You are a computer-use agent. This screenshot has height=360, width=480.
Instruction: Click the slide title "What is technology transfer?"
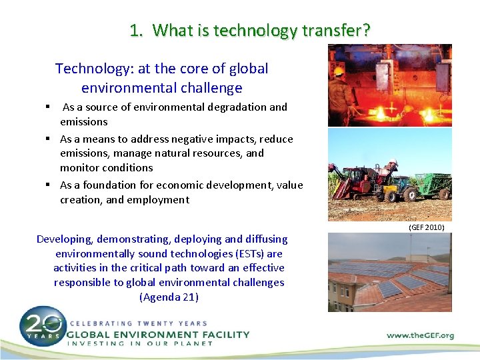(x=261, y=30)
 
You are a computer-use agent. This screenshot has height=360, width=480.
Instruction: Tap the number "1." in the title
(x=137, y=30)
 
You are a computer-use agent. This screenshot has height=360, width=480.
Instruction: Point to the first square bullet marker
(x=49, y=107)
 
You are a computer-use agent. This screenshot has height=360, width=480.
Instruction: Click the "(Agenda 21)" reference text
(x=169, y=297)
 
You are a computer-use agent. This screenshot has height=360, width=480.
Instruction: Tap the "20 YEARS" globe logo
(x=42, y=327)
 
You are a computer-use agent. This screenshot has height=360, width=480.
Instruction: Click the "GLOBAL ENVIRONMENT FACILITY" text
(x=158, y=334)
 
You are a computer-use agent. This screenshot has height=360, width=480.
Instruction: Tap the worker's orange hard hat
(x=339, y=70)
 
